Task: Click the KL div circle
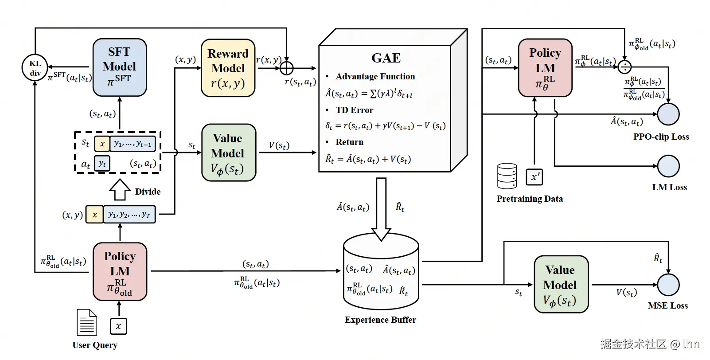coord(35,68)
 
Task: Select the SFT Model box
coord(120,67)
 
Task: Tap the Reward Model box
coord(228,68)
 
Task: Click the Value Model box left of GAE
coord(228,153)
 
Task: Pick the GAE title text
coord(386,58)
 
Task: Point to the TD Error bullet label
coord(354,110)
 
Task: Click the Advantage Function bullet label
coord(375,76)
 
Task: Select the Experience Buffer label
coord(380,320)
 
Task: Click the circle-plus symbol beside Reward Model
coord(287,68)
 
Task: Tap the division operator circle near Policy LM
coord(624,67)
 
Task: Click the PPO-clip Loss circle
coord(668,114)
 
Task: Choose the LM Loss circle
coord(668,166)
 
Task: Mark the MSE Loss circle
coord(668,285)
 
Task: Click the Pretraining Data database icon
coord(507,176)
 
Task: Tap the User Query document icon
coord(87,322)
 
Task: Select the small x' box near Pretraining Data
coord(534,176)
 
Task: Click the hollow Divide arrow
coord(119,189)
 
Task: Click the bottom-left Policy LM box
coord(120,271)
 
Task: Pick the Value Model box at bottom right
coord(561,284)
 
